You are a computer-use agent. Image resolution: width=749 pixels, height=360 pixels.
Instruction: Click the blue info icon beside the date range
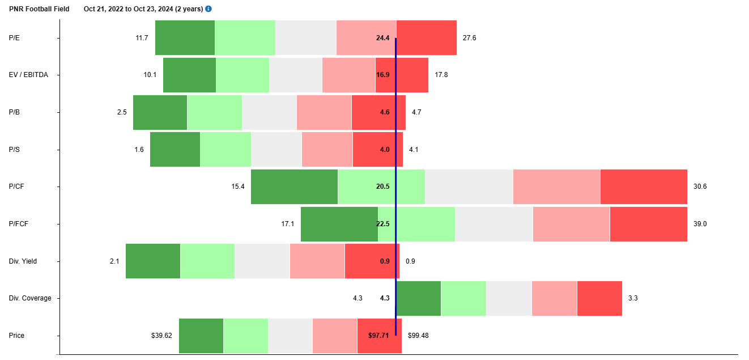point(208,9)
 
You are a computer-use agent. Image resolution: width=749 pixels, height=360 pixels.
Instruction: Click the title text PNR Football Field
point(39,9)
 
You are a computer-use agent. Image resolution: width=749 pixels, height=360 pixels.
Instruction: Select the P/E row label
point(14,38)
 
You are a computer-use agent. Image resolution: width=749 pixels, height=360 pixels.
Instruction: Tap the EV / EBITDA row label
point(28,75)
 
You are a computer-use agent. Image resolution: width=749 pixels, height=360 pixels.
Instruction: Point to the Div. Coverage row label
point(29,298)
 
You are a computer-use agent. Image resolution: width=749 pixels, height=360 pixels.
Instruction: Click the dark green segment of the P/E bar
point(185,38)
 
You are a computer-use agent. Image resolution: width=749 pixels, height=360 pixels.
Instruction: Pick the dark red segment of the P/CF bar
point(643,187)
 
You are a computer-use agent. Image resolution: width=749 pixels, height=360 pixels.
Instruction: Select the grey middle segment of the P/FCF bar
point(493,224)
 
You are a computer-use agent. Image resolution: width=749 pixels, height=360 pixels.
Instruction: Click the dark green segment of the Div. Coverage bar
point(419,298)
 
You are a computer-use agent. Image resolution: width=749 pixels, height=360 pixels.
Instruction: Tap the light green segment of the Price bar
point(245,336)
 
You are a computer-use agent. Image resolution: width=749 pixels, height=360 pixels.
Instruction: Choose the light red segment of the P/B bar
point(324,112)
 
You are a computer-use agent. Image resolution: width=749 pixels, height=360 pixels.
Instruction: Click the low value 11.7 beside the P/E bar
point(142,38)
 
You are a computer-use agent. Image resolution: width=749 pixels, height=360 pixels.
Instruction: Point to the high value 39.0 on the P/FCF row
point(700,224)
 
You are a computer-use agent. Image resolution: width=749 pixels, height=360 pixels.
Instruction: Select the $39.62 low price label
point(161,336)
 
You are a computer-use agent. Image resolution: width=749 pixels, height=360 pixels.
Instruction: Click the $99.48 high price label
point(418,336)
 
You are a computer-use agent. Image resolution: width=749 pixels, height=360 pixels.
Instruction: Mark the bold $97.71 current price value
point(378,336)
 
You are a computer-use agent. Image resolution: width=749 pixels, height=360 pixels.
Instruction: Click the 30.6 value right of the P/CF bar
point(700,187)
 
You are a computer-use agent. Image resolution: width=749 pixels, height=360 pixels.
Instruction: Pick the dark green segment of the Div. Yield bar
point(153,261)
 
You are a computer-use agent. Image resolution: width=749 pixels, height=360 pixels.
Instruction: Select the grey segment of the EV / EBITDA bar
point(295,75)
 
